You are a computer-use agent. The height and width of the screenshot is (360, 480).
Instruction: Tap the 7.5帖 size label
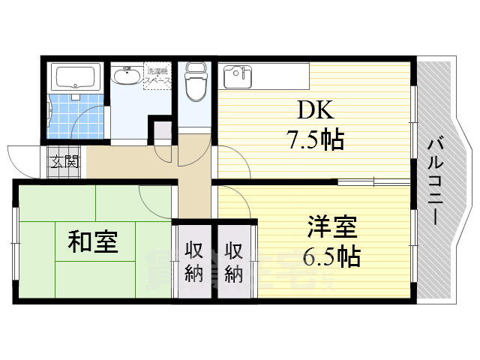click(x=313, y=139)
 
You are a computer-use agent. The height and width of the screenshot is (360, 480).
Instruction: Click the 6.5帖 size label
click(x=330, y=256)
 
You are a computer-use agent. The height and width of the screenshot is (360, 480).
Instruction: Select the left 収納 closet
click(x=194, y=261)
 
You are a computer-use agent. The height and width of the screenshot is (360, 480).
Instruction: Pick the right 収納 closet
click(x=234, y=261)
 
